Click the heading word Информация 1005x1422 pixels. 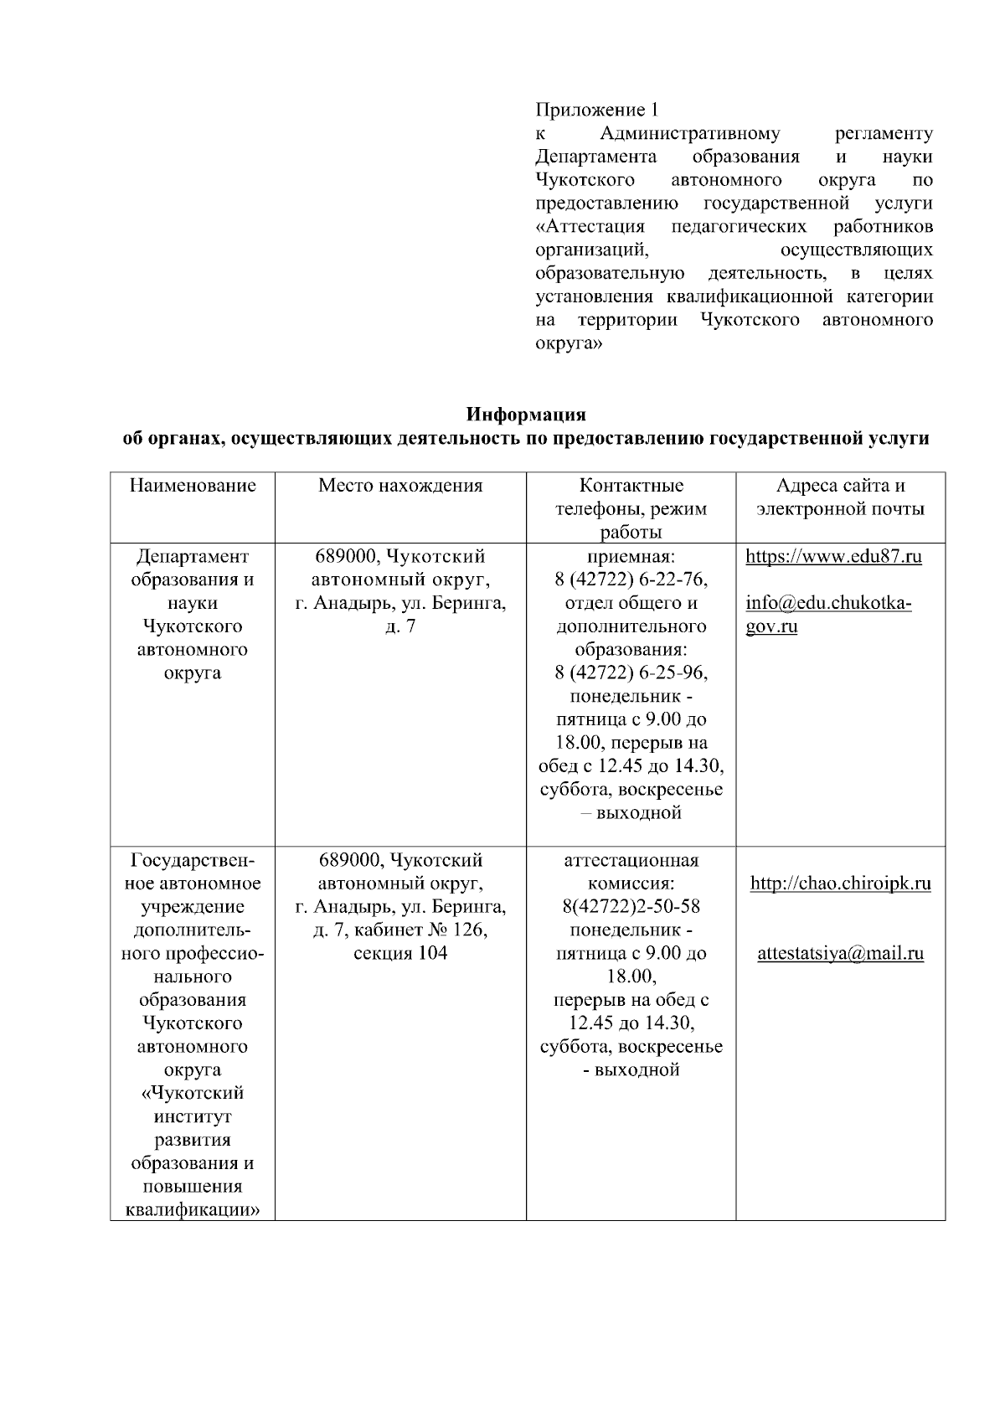coord(526,415)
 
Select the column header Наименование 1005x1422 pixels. coord(193,486)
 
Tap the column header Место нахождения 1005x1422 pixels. coord(400,486)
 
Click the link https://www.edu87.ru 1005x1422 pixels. coord(833,557)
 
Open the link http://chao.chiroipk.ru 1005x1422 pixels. coord(841,884)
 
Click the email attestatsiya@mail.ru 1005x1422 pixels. coord(841,954)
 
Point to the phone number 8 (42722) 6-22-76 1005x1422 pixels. coord(631,580)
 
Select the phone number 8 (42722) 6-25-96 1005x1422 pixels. coord(631,673)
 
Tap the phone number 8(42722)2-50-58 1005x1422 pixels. coord(631,907)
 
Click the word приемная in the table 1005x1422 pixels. coord(631,557)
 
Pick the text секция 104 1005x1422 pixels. coord(400,954)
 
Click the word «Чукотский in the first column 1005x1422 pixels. coord(193,1094)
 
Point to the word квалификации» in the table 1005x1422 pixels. coord(193,1210)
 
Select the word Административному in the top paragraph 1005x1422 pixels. coord(690,133)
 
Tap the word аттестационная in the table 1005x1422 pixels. coord(631,860)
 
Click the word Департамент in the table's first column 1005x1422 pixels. coord(193,557)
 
